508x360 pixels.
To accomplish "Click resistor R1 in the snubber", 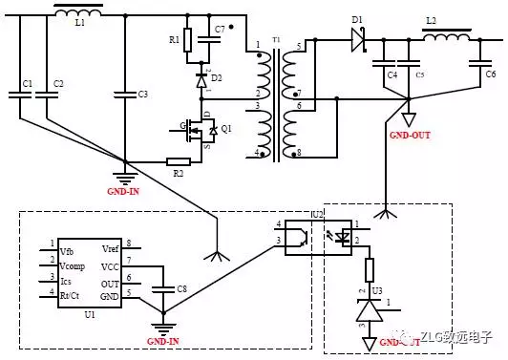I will (188, 40).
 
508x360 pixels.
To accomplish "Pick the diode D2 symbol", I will (201, 81).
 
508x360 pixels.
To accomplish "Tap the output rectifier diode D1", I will (359, 39).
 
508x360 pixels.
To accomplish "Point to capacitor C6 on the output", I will (476, 64).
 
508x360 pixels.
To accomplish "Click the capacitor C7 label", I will (220, 30).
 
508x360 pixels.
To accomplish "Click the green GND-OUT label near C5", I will (411, 136).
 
